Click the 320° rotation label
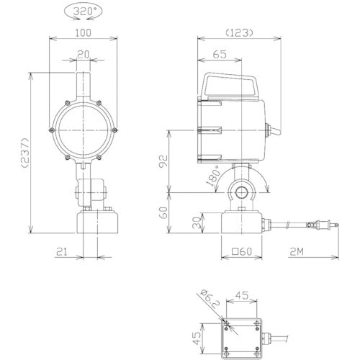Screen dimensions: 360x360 (x=83, y=12)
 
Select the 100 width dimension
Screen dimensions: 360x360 (x=83, y=33)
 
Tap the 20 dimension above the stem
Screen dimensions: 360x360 (x=83, y=55)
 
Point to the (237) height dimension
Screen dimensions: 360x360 (x=25, y=153)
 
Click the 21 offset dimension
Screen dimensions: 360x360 (x=62, y=252)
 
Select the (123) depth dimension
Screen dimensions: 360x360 (x=239, y=32)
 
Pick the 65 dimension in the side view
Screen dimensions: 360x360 (x=220, y=54)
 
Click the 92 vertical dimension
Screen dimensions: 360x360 (x=163, y=161)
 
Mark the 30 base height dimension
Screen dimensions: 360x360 (x=197, y=223)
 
